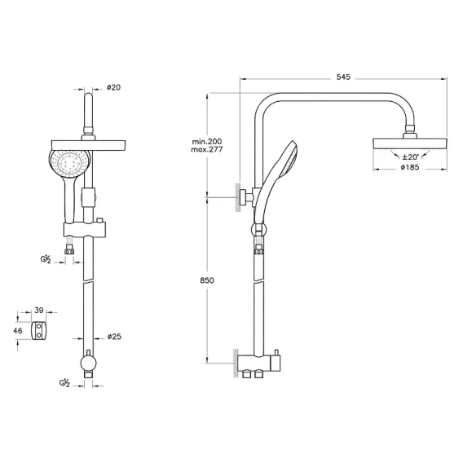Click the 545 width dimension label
[x=343, y=77]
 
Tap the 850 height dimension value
[x=207, y=280]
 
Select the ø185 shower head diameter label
[x=410, y=167]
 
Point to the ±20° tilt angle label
[x=410, y=157]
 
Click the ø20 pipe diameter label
[x=113, y=87]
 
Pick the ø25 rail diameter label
[x=114, y=337]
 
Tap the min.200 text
[x=207, y=142]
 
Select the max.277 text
[x=207, y=149]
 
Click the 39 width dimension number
[x=39, y=311]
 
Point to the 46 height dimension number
[x=18, y=331]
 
